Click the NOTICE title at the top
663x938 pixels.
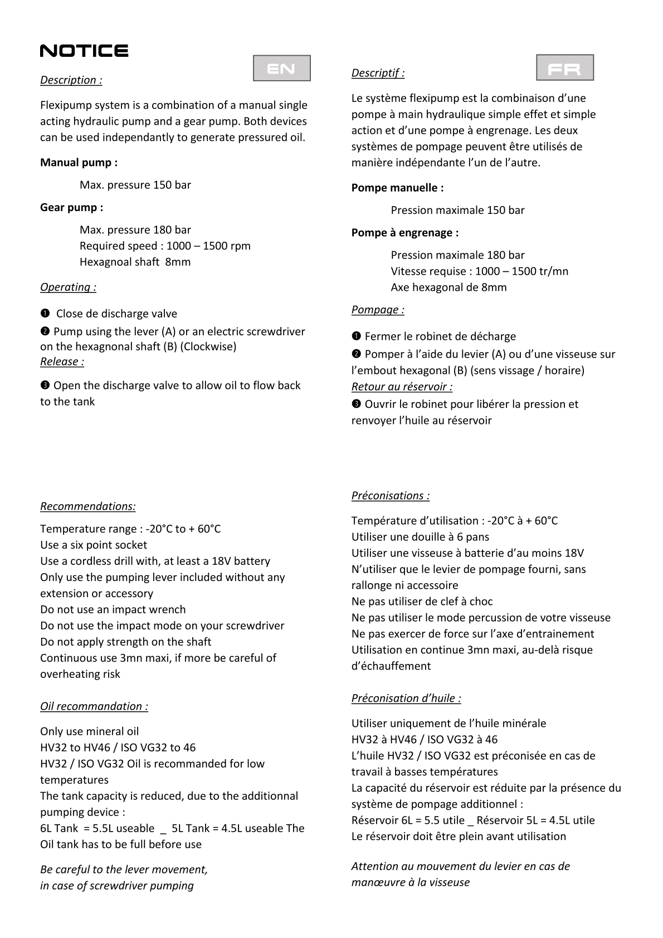pos(84,51)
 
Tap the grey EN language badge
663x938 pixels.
pos(281,69)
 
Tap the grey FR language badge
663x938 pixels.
pos(564,68)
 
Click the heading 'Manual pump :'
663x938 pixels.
pos(79,163)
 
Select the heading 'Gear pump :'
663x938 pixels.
pos(71,208)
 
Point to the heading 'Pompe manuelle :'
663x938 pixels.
pos(397,188)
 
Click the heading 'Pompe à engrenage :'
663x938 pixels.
pos(404,233)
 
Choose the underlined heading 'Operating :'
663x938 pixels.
pos(68,287)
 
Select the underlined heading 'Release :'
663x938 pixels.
pos(62,361)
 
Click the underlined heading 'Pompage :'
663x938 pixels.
pos(378,310)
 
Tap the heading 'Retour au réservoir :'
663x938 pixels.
pos(402,387)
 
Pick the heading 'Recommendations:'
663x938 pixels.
pos(87,506)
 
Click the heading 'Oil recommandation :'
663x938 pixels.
pos(94,706)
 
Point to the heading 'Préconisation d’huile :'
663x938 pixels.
pos(406,698)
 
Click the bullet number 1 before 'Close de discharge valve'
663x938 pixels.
pos(45,314)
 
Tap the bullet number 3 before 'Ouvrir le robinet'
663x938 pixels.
pos(356,404)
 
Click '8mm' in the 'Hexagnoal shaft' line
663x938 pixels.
pos(178,262)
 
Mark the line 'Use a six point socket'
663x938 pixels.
pos(94,545)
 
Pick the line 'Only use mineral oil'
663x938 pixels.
pos(89,731)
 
